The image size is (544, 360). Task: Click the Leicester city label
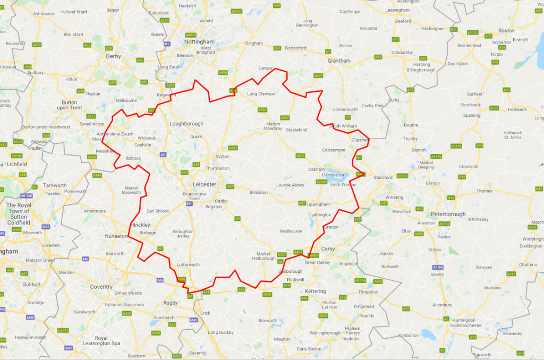click(204, 184)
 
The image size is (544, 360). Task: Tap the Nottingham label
click(199, 41)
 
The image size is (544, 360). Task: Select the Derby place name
click(114, 56)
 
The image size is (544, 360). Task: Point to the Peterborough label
click(448, 214)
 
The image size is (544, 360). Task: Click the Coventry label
click(101, 287)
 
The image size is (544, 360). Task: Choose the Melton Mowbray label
click(273, 126)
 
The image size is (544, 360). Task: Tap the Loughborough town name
click(186, 124)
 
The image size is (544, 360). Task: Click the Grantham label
click(339, 61)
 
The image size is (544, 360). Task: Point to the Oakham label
click(316, 169)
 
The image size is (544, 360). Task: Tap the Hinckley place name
click(140, 225)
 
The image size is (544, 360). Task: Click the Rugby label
click(170, 303)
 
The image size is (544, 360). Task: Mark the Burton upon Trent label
click(72, 104)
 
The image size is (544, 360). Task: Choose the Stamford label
click(382, 177)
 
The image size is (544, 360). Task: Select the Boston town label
click(506, 30)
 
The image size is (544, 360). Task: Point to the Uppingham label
click(318, 204)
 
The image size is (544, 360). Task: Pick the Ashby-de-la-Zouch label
click(115, 134)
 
